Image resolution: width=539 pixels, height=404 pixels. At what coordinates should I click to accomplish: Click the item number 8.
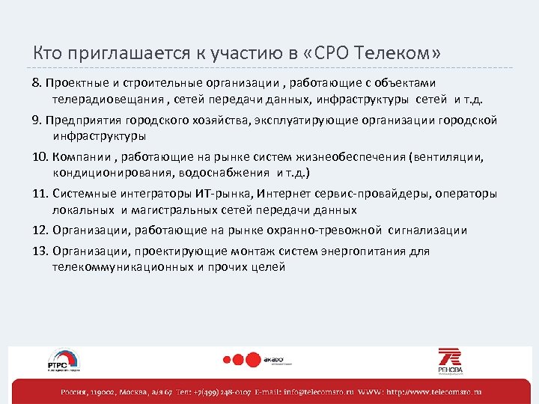point(37,82)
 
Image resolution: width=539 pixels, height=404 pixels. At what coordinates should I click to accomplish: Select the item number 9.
point(37,120)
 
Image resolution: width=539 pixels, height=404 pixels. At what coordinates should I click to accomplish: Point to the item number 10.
point(40,158)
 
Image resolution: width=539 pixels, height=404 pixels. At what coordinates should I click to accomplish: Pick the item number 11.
point(40,194)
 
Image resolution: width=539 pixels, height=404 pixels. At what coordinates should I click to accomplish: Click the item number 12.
point(40,230)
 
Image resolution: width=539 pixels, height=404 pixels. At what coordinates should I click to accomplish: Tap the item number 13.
point(40,251)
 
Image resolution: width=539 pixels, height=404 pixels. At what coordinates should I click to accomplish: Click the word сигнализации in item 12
point(427,230)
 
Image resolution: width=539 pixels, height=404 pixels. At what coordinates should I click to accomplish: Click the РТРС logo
point(64,360)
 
